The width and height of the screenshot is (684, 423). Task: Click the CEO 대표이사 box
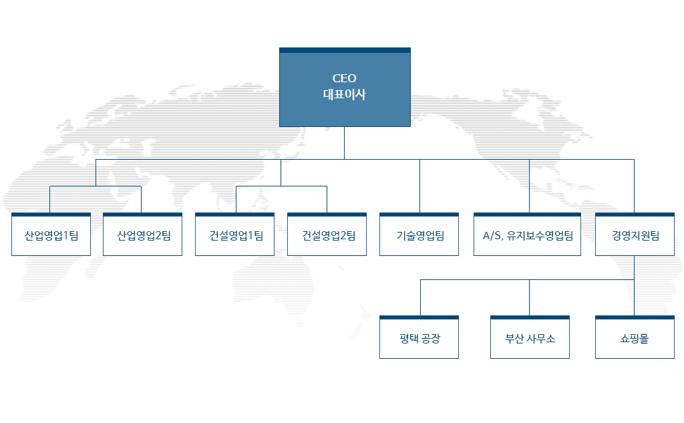[x=345, y=88]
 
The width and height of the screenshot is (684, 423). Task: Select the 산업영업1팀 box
[x=51, y=235]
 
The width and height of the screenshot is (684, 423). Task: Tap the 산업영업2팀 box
[x=143, y=235]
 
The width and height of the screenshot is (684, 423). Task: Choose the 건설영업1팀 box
[x=234, y=235]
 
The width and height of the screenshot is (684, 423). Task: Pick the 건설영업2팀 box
[x=327, y=235]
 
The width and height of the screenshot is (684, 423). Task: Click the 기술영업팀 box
[x=419, y=235]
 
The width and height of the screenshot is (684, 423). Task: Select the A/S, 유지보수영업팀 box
[x=528, y=235]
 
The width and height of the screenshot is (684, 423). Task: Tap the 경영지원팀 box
[x=635, y=235]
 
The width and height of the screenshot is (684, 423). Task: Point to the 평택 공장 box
[x=419, y=337]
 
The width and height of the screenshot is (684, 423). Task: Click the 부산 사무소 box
[x=530, y=337]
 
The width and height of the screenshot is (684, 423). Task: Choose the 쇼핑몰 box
[x=635, y=337]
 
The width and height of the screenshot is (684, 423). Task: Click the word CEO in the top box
[x=345, y=79]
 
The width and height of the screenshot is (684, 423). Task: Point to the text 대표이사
[x=345, y=94]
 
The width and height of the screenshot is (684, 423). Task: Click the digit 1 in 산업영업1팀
[x=66, y=236]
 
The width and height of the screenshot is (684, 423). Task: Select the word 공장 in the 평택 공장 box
[x=431, y=338]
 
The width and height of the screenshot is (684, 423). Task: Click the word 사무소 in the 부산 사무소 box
[x=540, y=338]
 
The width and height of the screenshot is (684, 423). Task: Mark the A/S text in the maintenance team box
[x=492, y=236]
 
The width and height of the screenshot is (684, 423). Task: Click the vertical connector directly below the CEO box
[x=344, y=143]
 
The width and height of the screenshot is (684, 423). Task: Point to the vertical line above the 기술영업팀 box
[x=420, y=186]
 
